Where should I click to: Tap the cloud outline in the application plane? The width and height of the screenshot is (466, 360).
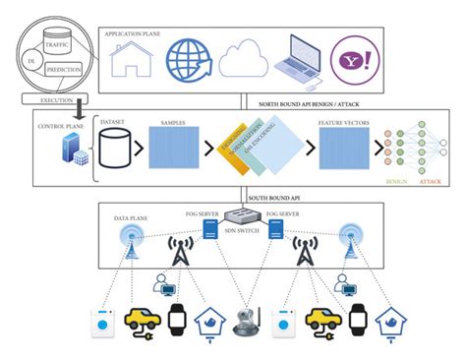pos(243,60)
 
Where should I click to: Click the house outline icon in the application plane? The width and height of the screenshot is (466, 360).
pos(133,58)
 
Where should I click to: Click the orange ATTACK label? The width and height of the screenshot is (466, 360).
pos(431,183)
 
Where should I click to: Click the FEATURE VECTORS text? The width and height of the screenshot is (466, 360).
pos(341,123)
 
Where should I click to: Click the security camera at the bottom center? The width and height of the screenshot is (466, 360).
pos(243,323)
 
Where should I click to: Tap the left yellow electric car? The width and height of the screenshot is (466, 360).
pos(142,321)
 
